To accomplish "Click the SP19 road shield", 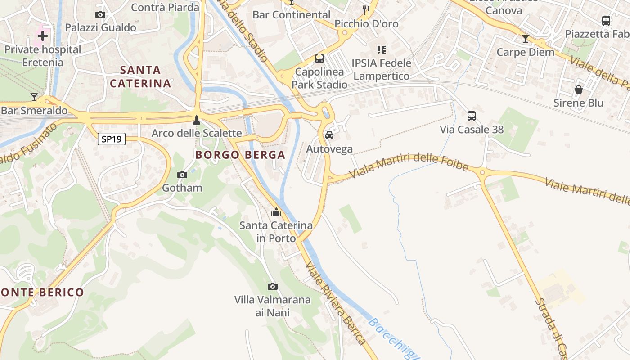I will click(112, 139).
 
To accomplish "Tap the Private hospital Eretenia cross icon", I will click(43, 36).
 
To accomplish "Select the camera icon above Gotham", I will click(182, 175).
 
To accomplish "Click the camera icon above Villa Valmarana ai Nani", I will click(272, 286).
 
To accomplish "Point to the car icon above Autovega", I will click(329, 135).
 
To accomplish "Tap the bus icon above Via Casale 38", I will click(472, 116).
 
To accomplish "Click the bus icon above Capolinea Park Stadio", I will click(319, 58).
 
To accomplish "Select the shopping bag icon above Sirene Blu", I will click(579, 90).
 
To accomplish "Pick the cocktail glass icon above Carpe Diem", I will click(525, 39).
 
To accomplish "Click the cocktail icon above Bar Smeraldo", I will click(34, 97).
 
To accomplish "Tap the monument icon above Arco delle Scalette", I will click(196, 120).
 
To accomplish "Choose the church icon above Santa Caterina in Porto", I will click(276, 212).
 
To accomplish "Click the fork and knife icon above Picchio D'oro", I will click(366, 10).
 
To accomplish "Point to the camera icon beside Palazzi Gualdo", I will click(100, 15).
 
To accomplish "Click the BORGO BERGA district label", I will click(240, 155).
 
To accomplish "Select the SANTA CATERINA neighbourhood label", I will click(140, 76).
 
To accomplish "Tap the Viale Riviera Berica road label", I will click(336, 303).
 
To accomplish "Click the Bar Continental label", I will click(291, 14).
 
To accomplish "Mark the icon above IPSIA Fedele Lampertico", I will click(382, 49).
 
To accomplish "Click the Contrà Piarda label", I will click(165, 7).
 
